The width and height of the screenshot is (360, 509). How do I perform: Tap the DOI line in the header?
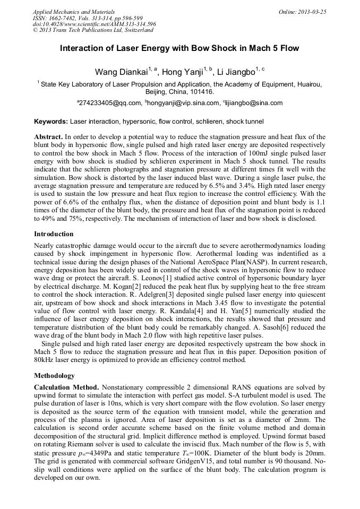(94, 24)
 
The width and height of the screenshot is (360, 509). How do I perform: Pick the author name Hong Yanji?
(182, 72)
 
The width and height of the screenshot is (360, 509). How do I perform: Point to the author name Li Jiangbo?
(236, 72)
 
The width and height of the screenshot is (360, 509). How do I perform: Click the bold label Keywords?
(51, 122)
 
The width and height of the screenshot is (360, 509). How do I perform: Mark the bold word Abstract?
(48, 136)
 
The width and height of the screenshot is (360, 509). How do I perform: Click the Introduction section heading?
(54, 234)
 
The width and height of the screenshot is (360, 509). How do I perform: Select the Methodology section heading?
(55, 375)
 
